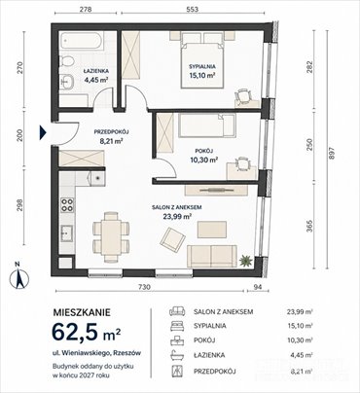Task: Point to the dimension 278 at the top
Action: point(86,9)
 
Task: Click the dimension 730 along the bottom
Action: point(143,289)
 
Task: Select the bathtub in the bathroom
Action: point(87,44)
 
